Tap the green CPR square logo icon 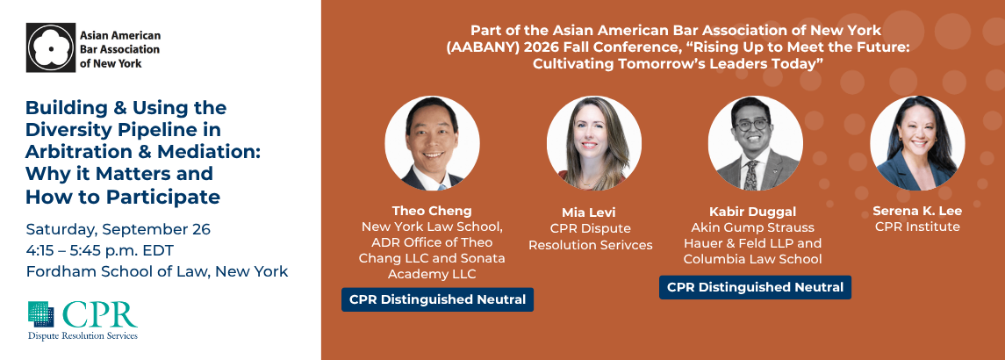41,314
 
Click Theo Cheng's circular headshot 432,143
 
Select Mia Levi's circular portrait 593,143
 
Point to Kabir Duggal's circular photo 755,143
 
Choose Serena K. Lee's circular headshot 917,143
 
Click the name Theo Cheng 432,211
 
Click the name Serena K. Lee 917,211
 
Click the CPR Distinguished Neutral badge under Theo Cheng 437,299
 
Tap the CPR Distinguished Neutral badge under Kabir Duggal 755,287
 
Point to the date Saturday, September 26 118,230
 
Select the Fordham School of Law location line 157,271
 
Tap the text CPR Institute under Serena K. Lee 917,227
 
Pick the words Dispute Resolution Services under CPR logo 83,335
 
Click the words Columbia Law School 752,259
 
